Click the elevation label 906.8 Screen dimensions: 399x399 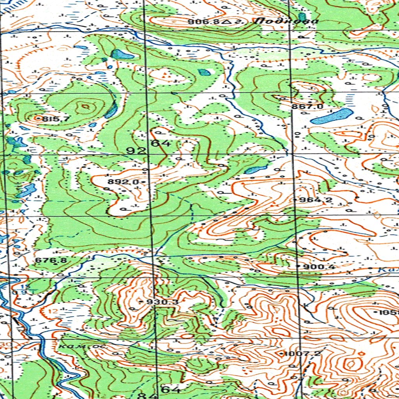(x=204, y=22)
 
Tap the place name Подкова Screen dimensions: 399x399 (x=286, y=21)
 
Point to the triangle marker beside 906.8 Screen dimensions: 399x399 (x=226, y=22)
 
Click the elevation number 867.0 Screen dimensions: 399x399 (x=307, y=106)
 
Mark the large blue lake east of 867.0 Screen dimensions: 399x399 (x=332, y=116)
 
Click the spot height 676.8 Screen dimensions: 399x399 (x=51, y=260)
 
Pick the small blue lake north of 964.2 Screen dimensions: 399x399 (x=256, y=169)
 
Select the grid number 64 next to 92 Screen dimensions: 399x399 (x=161, y=143)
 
